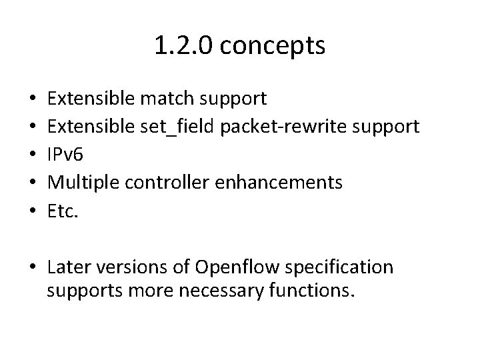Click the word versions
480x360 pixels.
coord(126,267)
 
